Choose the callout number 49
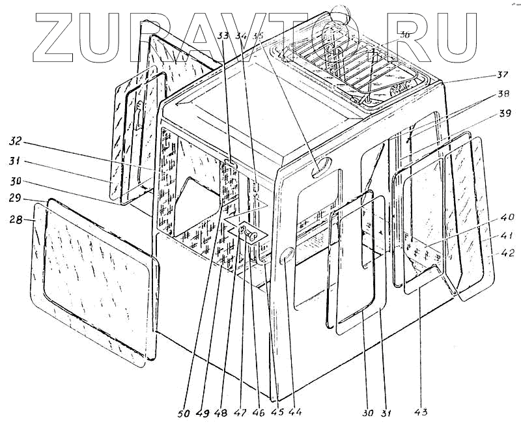[x=204, y=412]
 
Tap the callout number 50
[x=186, y=412]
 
